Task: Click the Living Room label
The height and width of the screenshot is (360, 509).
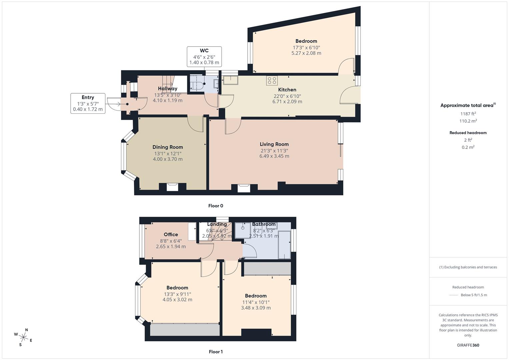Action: [x=274, y=144]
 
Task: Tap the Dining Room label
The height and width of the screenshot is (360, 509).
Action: [x=168, y=147]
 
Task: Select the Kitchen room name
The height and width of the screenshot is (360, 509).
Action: [x=287, y=90]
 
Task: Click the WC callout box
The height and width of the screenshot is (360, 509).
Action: [x=204, y=57]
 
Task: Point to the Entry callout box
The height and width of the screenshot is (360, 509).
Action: [x=88, y=103]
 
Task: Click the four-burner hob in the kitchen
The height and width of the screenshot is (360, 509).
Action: [x=272, y=80]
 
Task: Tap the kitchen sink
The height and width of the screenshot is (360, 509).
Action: [x=230, y=80]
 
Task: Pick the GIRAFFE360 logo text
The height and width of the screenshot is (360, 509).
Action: [x=468, y=345]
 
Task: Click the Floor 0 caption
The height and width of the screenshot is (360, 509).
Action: [x=216, y=206]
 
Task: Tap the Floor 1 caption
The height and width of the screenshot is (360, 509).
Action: [x=216, y=352]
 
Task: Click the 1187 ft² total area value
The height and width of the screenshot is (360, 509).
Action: [x=468, y=114]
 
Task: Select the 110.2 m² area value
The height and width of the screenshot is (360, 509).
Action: [x=468, y=121]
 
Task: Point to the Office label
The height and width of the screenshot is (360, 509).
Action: [x=171, y=234]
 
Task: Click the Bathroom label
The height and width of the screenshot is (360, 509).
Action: [x=264, y=224]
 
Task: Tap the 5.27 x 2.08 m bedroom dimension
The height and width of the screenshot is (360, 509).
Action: [x=306, y=53]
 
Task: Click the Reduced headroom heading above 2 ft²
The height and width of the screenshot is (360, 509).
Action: [x=468, y=133]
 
